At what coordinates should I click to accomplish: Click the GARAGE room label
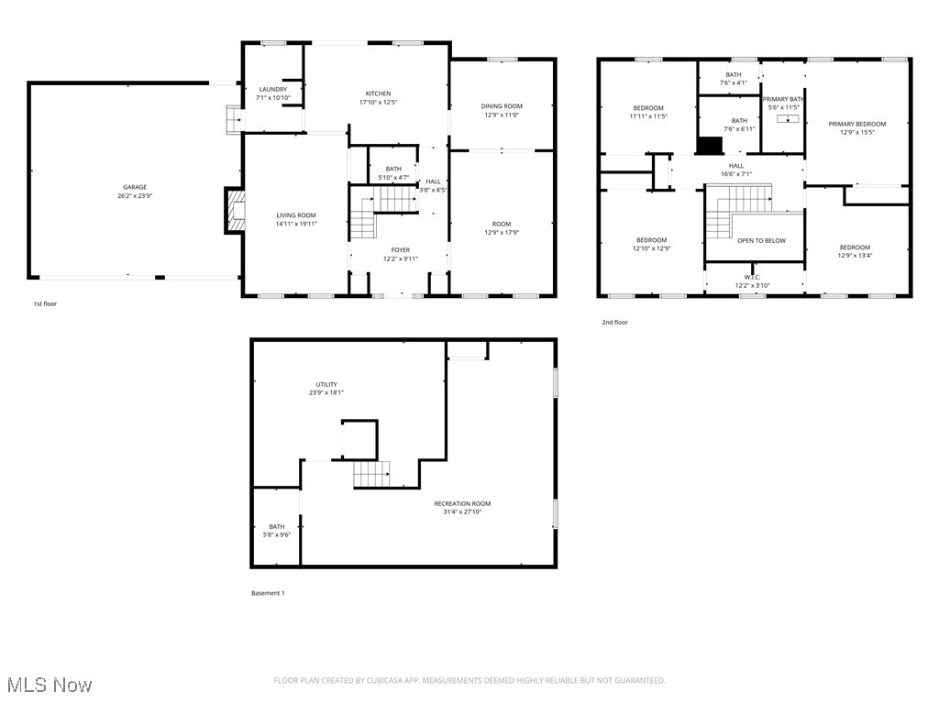click(x=135, y=187)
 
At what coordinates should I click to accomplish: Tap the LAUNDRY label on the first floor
click(x=272, y=89)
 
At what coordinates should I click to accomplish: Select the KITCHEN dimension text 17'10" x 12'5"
click(x=378, y=103)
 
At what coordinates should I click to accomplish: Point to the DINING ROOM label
click(x=502, y=106)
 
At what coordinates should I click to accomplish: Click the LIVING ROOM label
click(x=296, y=215)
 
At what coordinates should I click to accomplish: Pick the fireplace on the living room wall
click(x=236, y=210)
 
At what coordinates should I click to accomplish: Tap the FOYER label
click(x=400, y=249)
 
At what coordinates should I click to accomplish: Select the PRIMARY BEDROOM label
click(x=856, y=124)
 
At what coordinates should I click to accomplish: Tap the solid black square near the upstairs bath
click(x=710, y=145)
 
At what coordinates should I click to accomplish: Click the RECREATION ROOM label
click(x=461, y=503)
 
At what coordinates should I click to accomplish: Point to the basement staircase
click(x=372, y=474)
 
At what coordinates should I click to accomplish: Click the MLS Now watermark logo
click(x=50, y=685)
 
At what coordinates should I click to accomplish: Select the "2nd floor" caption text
click(x=614, y=323)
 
